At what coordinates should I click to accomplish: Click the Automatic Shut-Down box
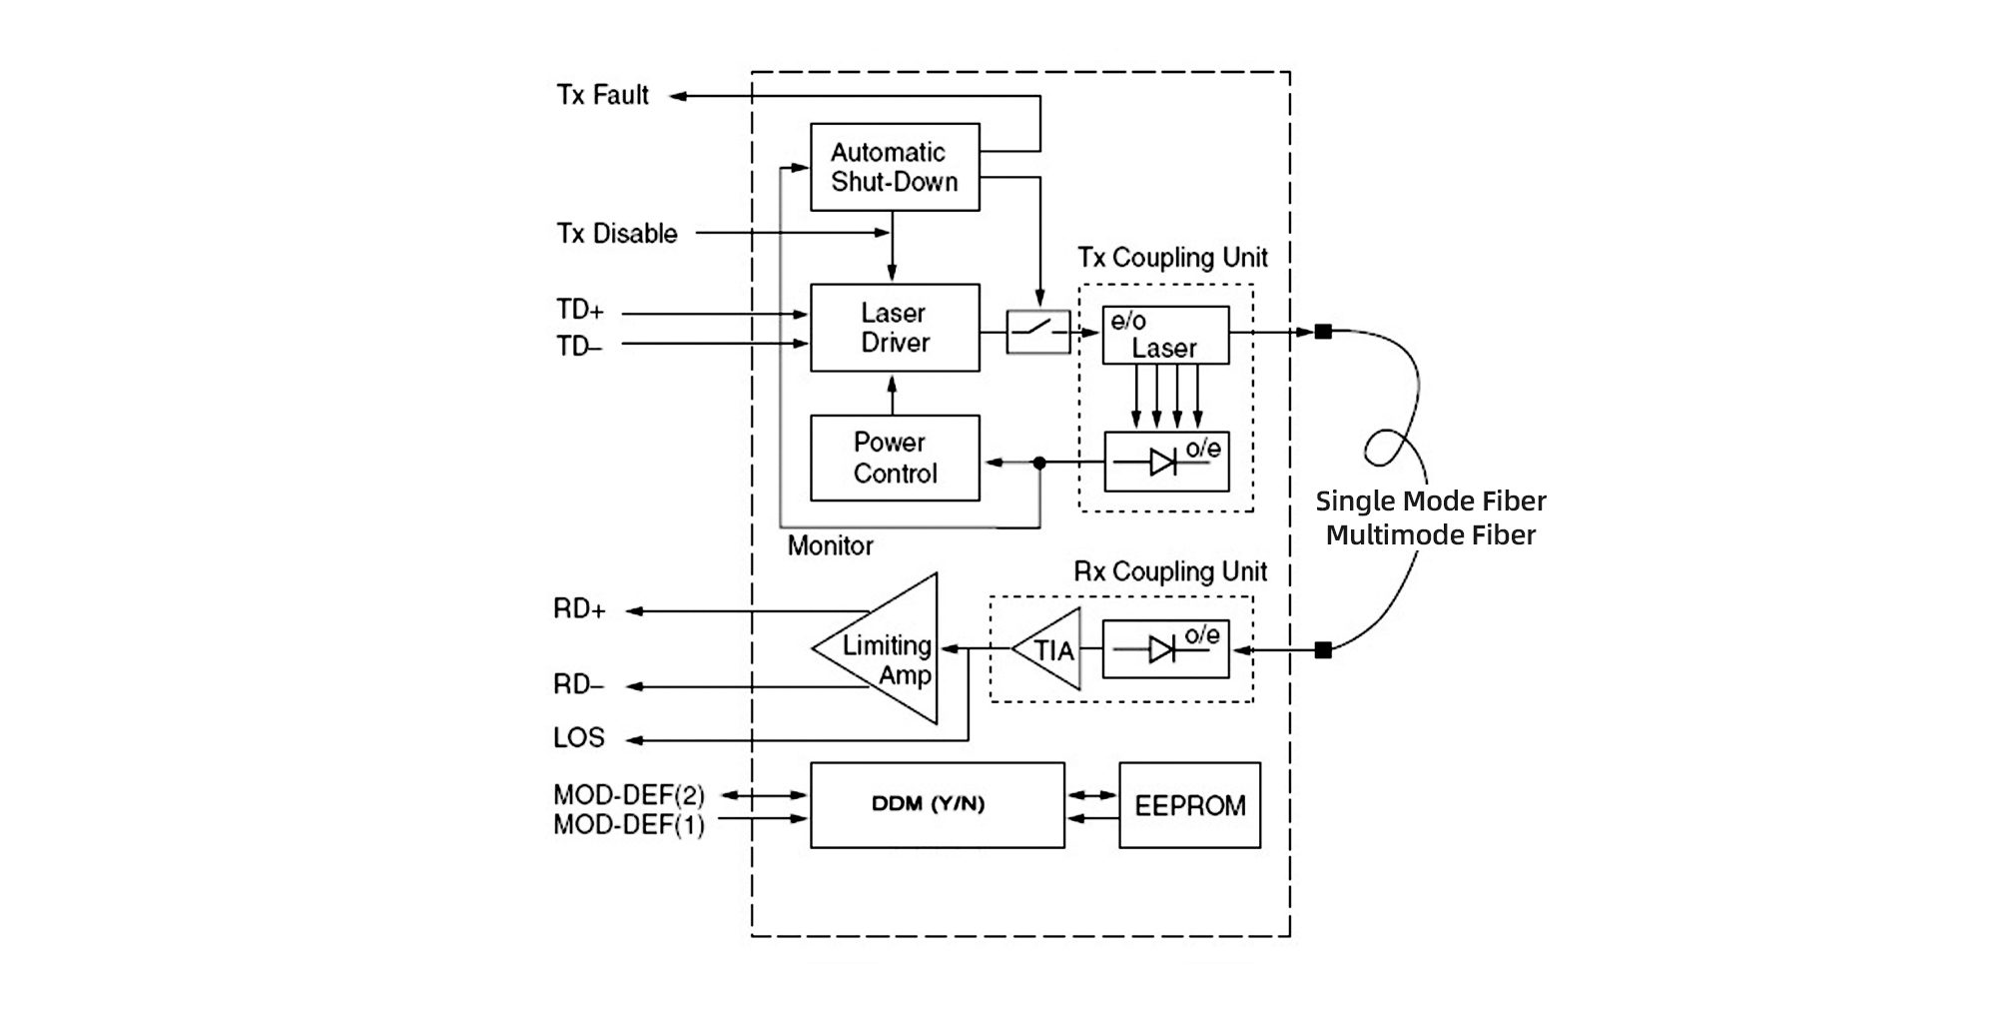point(894,167)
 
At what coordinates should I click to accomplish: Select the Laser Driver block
point(894,328)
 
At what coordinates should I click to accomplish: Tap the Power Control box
point(894,458)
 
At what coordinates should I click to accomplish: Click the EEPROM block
point(1189,805)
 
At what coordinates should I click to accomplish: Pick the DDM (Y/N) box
point(937,805)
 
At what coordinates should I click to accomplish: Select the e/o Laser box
point(1165,335)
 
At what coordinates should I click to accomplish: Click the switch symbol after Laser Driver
point(1038,332)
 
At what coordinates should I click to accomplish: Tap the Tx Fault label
point(602,95)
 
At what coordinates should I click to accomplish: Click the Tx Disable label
point(617,234)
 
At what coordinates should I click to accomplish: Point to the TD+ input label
point(580,311)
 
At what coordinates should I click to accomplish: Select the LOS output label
point(579,738)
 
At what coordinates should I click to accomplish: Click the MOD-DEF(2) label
point(629,795)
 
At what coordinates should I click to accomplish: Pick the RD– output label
point(579,685)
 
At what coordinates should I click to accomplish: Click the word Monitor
point(830,546)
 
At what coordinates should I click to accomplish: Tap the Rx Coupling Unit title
point(1170,571)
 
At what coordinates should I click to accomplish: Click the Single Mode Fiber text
point(1430,501)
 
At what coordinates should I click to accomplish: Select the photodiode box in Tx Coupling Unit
point(1166,462)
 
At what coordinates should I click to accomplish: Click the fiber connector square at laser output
point(1323,332)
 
